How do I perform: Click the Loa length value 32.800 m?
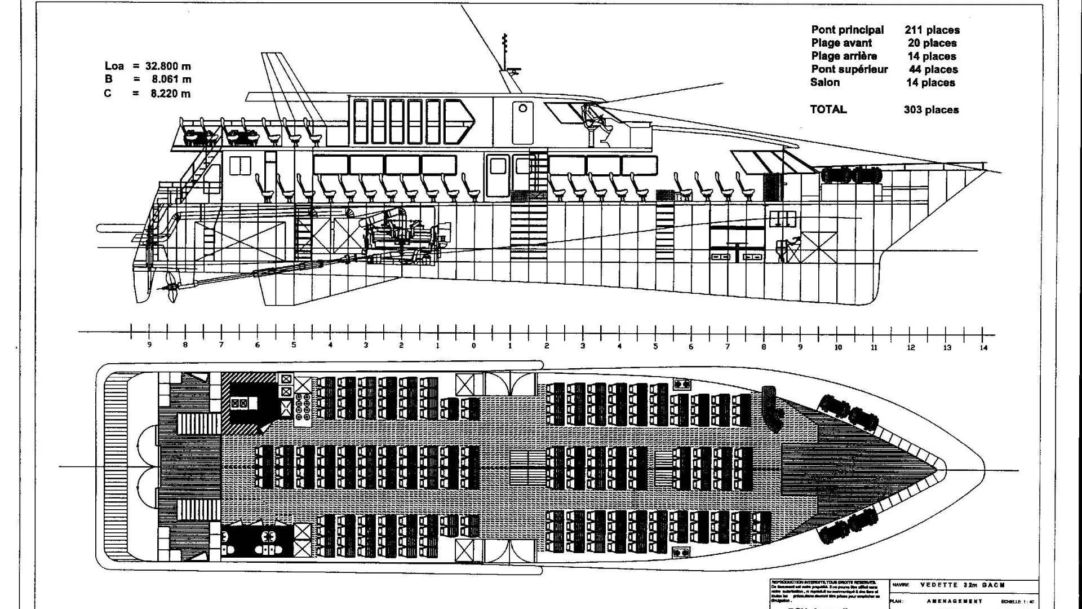pyautogui.click(x=168, y=66)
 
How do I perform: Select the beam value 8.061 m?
pyautogui.click(x=171, y=80)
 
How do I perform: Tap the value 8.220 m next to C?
pyautogui.click(x=170, y=94)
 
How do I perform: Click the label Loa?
pyautogui.click(x=114, y=66)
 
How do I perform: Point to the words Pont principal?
pyautogui.click(x=847, y=30)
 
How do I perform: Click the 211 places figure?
pyautogui.click(x=932, y=30)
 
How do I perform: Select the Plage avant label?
pyautogui.click(x=841, y=43)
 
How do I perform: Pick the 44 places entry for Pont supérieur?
pyautogui.click(x=933, y=69)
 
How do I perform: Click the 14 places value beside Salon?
pyautogui.click(x=930, y=82)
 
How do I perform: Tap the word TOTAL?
pyautogui.click(x=828, y=109)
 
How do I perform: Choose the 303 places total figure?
pyautogui.click(x=931, y=109)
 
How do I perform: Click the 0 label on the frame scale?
pyautogui.click(x=473, y=346)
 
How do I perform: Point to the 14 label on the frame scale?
pyautogui.click(x=983, y=347)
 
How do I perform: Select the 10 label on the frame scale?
pyautogui.click(x=837, y=347)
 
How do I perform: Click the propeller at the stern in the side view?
pyautogui.click(x=171, y=286)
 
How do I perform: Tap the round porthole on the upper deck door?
pyautogui.click(x=522, y=108)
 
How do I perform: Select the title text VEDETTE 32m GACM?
pyautogui.click(x=962, y=585)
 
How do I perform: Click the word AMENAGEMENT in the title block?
pyautogui.click(x=955, y=601)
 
